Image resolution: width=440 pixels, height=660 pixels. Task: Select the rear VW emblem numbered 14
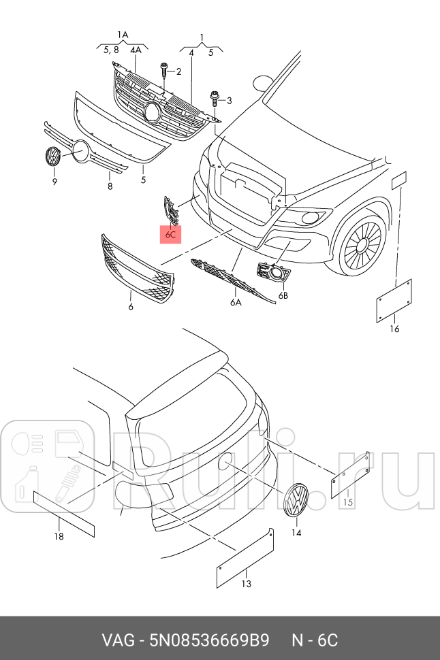click(x=296, y=504)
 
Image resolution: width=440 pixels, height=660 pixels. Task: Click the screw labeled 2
click(x=164, y=71)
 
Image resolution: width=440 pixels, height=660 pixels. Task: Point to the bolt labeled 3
click(x=215, y=99)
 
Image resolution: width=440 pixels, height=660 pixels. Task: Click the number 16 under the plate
click(x=394, y=329)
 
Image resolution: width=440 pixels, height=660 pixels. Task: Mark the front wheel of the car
click(x=361, y=245)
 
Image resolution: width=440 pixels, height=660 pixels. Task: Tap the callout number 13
click(x=245, y=584)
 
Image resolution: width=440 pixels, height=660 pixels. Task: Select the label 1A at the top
click(x=123, y=34)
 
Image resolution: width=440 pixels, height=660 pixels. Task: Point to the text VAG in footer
click(x=116, y=640)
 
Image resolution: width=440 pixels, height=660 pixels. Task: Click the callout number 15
click(x=347, y=503)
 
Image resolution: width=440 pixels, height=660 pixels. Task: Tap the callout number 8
click(x=110, y=186)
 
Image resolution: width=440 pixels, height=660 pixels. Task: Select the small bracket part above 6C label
click(x=170, y=210)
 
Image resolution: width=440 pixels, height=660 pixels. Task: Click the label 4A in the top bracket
click(x=136, y=50)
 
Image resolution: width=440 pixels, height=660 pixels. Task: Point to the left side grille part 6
click(x=136, y=269)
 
